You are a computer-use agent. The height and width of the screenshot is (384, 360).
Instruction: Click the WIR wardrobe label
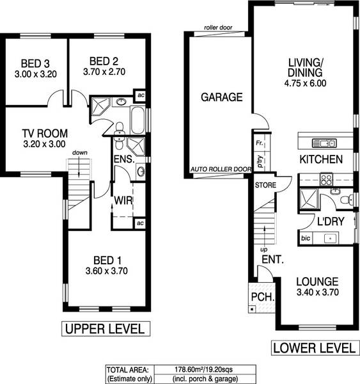(123, 200)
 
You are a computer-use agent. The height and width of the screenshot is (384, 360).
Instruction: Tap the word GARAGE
(222, 98)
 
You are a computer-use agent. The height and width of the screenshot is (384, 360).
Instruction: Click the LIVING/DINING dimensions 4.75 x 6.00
(307, 83)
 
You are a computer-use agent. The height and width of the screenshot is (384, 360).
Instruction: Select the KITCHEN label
(321, 159)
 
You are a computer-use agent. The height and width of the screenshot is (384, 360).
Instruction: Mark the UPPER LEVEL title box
(106, 329)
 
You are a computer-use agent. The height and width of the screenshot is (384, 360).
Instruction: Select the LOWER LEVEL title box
(314, 348)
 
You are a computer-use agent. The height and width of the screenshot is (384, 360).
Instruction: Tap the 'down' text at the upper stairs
(80, 153)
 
